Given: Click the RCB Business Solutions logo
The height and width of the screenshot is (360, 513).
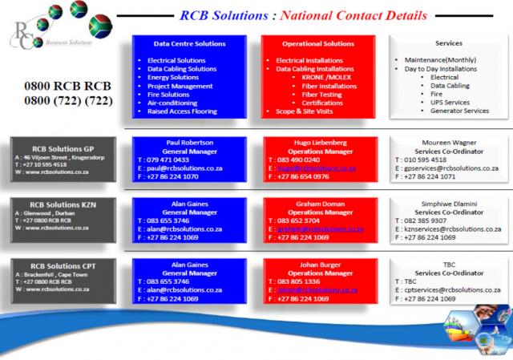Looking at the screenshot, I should click(x=44, y=31).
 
